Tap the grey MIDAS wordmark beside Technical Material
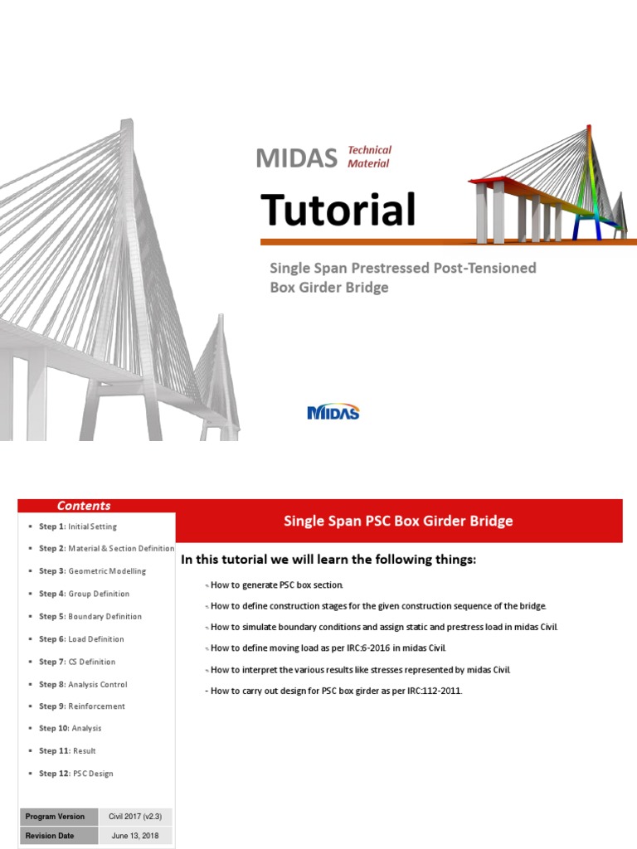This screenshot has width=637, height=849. [296, 157]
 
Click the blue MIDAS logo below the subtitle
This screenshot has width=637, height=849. [333, 412]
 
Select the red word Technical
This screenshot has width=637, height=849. [369, 150]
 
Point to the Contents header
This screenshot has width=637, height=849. [84, 506]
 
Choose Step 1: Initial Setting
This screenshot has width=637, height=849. [78, 526]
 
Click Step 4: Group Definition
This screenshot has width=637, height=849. [84, 594]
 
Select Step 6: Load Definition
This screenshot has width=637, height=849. [81, 639]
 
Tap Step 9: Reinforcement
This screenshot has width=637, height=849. [82, 706]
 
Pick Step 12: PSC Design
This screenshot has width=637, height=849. [76, 774]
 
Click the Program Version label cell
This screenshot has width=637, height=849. [55, 817]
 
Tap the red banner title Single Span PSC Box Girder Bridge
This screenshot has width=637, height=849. [398, 522]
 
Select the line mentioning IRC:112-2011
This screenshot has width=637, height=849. [333, 691]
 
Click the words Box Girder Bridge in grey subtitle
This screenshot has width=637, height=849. [329, 289]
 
